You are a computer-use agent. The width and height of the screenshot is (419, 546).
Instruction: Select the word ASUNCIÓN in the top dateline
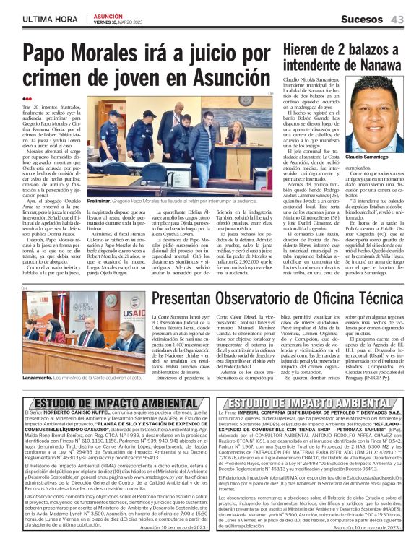111,14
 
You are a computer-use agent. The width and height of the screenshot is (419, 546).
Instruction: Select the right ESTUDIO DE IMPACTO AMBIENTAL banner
312,403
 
